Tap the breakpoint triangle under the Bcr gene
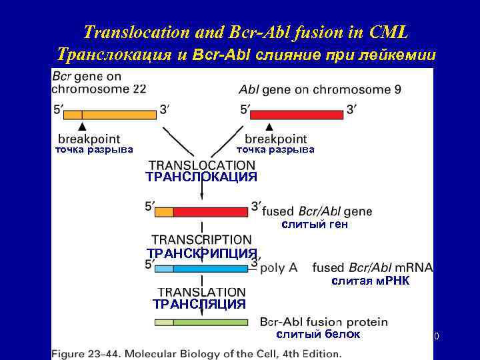pyautogui.click(x=82, y=125)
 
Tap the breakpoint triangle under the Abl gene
pyautogui.click(x=269, y=125)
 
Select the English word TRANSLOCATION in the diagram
pyautogui.click(x=201, y=165)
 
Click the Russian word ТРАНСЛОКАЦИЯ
pyautogui.click(x=201, y=177)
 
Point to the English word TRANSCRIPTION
pyautogui.click(x=201, y=239)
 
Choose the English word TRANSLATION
pyautogui.click(x=201, y=292)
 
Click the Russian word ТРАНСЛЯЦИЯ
pyautogui.click(x=199, y=304)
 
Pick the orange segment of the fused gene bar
pyautogui.click(x=164, y=212)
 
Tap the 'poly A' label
pyautogui.click(x=279, y=268)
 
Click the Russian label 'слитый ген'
pyautogui.click(x=315, y=225)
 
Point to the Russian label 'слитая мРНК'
pyautogui.click(x=371, y=281)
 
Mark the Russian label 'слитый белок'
pyautogui.click(x=318, y=334)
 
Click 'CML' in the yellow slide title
pyautogui.click(x=386, y=31)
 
